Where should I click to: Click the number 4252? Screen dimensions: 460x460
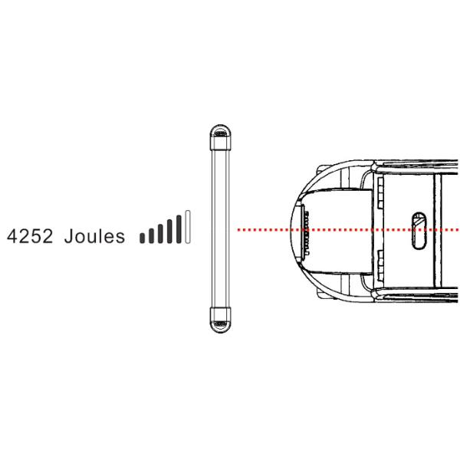[x=30, y=236]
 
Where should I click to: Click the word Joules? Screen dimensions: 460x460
[x=94, y=236]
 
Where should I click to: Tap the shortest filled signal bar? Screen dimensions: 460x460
[x=142, y=238]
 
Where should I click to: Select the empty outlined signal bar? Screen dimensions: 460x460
[x=188, y=226]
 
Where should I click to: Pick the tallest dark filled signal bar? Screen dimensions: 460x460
[x=179, y=228]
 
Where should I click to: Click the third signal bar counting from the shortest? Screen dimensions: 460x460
[x=160, y=234]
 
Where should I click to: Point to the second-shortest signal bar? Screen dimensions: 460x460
[x=151, y=235]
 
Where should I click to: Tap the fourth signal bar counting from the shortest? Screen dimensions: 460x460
[x=169, y=232]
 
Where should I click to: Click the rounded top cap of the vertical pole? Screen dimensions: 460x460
[x=221, y=137]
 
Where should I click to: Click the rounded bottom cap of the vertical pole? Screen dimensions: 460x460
[x=221, y=320]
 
